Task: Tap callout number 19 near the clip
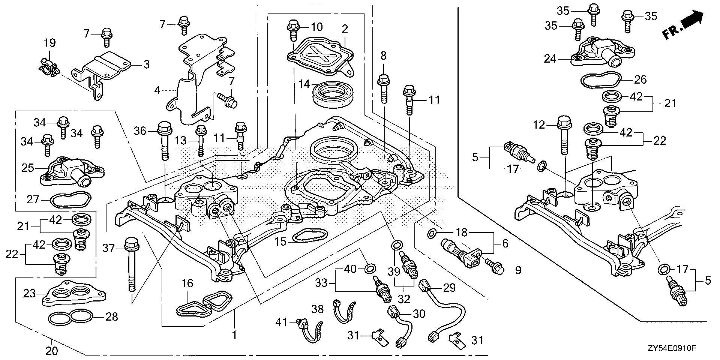[x=50, y=43]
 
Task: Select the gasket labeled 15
[x=304, y=238]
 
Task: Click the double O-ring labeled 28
[x=70, y=318]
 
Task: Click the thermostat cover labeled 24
[x=602, y=52]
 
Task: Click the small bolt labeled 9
[x=494, y=267]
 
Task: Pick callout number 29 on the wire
[x=450, y=288]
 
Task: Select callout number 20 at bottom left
[x=51, y=351]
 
